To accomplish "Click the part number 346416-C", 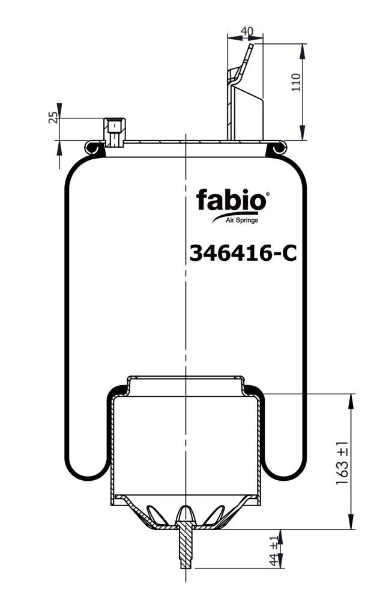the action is click(243, 254).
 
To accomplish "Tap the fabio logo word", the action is click(231, 200).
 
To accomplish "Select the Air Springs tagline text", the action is click(242, 220).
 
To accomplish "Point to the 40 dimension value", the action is click(247, 31).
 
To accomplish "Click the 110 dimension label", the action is click(296, 82).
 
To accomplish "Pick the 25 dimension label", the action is click(53, 117).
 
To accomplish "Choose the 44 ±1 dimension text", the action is click(274, 551).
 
